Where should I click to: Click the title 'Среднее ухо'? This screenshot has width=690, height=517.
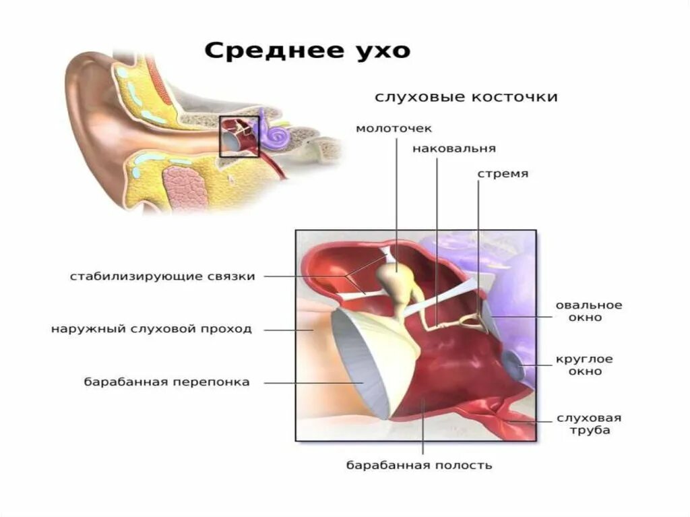click(x=307, y=51)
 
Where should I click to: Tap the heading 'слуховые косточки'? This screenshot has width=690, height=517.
click(x=466, y=97)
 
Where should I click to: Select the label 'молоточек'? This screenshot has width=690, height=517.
click(x=394, y=128)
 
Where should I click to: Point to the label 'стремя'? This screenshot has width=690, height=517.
click(x=503, y=173)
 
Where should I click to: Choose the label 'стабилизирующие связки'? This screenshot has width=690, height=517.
click(x=162, y=276)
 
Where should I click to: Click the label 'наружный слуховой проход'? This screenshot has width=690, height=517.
click(x=152, y=329)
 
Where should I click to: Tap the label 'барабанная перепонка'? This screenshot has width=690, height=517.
click(x=167, y=382)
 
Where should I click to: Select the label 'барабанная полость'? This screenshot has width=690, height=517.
click(x=419, y=465)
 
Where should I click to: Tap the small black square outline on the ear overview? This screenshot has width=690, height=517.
click(x=239, y=136)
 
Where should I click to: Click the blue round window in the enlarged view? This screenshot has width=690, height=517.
click(x=519, y=365)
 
